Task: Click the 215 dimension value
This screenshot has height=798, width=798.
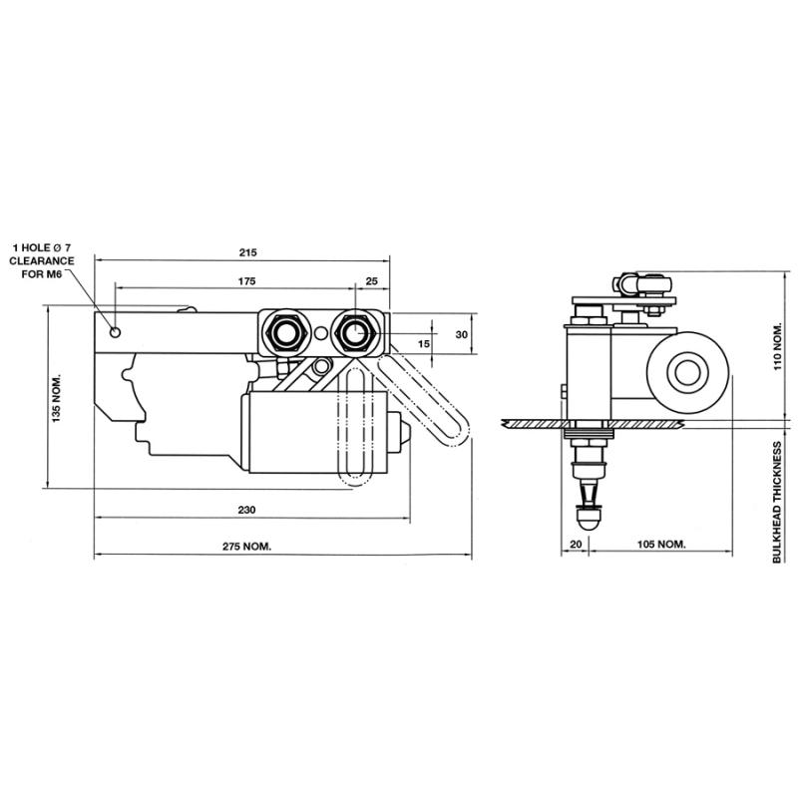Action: pyautogui.click(x=248, y=252)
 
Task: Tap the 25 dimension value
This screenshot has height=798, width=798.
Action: pyautogui.click(x=372, y=281)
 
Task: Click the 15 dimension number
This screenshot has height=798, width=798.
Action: pyautogui.click(x=425, y=343)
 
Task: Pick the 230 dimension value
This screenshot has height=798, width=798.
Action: pyautogui.click(x=247, y=510)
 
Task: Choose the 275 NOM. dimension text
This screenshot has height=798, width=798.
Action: pyautogui.click(x=249, y=547)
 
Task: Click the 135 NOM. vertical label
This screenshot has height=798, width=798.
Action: pyautogui.click(x=56, y=398)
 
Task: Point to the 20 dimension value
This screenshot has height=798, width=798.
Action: pyautogui.click(x=575, y=545)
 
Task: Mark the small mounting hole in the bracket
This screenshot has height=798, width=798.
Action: pyautogui.click(x=117, y=331)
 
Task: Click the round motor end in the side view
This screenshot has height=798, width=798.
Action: pyautogui.click(x=685, y=374)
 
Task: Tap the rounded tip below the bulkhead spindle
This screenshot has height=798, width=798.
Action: pyautogui.click(x=589, y=520)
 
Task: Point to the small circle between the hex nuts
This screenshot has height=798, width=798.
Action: pyautogui.click(x=319, y=332)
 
